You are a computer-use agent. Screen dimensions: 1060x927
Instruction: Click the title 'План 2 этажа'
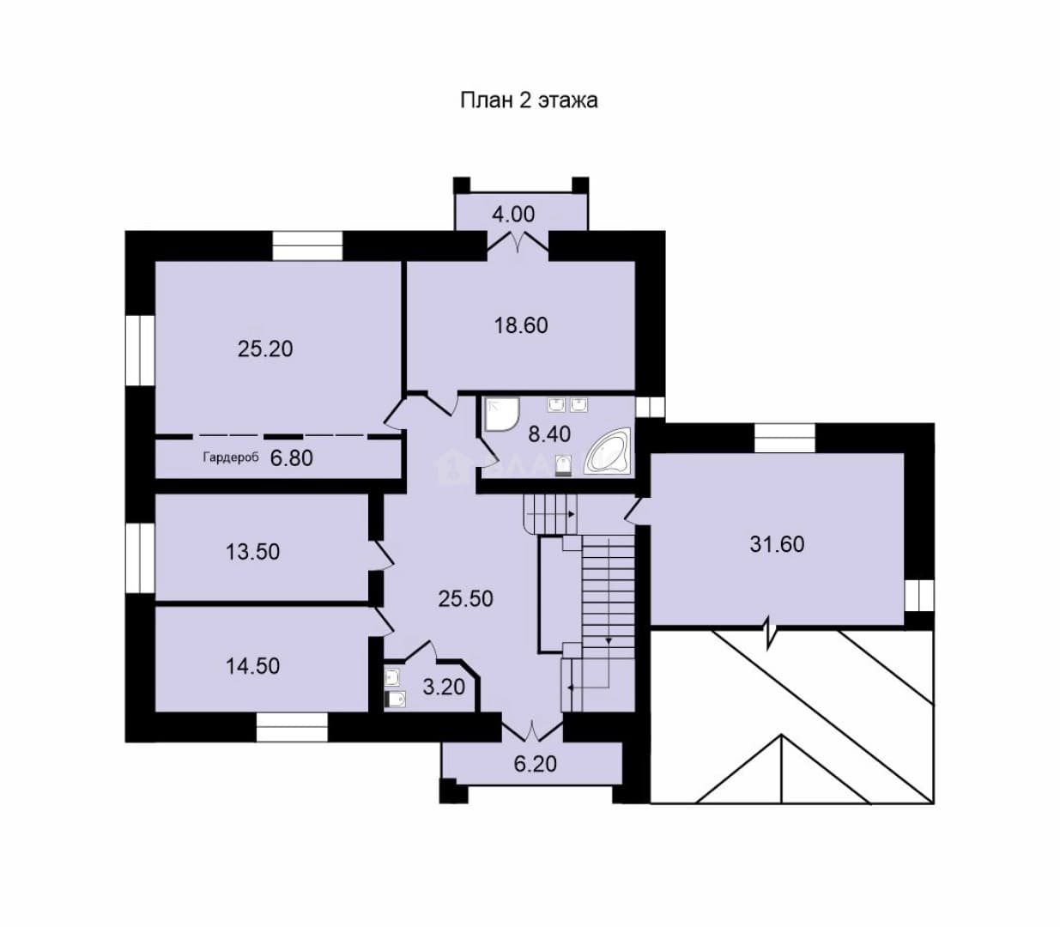pos(529,100)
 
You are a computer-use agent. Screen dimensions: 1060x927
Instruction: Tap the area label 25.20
pos(265,348)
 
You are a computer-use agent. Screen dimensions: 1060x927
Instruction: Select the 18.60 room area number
pos(521,325)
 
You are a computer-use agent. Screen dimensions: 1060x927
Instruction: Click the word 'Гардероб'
pos(231,457)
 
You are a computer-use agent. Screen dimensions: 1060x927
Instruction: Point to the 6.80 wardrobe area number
pos(292,458)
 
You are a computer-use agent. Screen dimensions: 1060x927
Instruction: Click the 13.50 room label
pos(253,552)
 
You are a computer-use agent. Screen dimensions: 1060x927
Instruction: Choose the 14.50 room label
pos(253,666)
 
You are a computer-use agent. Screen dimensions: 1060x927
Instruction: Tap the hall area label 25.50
pos(466,598)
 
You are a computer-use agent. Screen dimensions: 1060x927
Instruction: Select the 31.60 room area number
pos(777,544)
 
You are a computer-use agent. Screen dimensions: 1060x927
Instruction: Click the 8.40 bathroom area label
pos(549,433)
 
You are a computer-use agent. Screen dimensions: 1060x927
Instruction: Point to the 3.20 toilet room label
pos(444,687)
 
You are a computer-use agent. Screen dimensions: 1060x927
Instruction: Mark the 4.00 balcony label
pos(513,214)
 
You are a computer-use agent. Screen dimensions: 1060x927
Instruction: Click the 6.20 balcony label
pos(536,764)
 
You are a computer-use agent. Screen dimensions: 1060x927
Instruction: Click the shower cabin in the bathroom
pos(501,415)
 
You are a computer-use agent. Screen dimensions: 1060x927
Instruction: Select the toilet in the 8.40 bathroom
pos(563,465)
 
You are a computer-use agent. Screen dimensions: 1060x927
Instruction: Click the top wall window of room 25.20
pos(308,245)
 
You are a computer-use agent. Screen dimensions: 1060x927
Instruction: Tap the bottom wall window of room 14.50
pos(292,727)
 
